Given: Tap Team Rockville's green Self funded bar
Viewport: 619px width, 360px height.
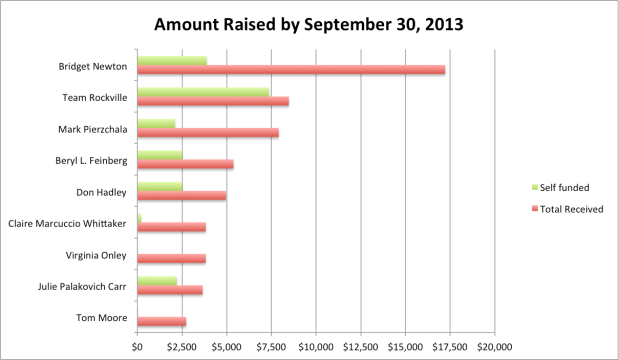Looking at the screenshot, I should [x=203, y=93].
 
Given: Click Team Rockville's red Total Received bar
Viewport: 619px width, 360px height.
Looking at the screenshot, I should [x=213, y=102].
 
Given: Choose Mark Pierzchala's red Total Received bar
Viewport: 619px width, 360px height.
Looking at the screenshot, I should [x=208, y=133].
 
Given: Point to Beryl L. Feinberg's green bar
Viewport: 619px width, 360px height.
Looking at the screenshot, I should [x=160, y=155].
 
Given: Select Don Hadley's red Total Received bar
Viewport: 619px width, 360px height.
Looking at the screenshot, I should [x=181, y=195].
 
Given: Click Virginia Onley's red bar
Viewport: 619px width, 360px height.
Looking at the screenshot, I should [x=171, y=258].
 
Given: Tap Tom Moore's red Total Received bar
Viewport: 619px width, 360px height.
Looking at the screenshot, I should [x=161, y=321].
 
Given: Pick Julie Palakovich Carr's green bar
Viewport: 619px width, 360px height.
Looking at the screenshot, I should [x=157, y=281].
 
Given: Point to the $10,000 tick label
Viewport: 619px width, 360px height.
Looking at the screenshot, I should [x=316, y=347].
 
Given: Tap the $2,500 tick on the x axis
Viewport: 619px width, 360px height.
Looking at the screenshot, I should [x=182, y=347].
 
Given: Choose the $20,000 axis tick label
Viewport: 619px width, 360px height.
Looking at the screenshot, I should [x=494, y=347].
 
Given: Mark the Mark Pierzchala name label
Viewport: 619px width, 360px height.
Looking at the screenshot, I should [x=85, y=129].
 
